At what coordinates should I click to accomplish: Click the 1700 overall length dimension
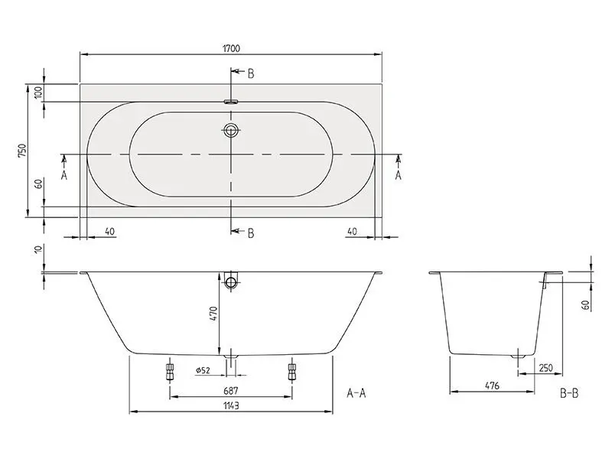click(x=232, y=49)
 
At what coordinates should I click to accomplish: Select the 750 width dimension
click(x=22, y=151)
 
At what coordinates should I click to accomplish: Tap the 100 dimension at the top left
click(x=38, y=93)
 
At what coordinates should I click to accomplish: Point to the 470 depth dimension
click(x=213, y=314)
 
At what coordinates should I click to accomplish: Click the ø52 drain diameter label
click(x=203, y=370)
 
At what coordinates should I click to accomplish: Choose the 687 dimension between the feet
click(x=231, y=390)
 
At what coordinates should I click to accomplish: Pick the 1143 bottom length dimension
click(x=231, y=405)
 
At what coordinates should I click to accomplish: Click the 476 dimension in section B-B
click(x=492, y=386)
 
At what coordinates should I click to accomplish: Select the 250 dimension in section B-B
click(x=545, y=368)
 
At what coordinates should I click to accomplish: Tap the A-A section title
click(x=356, y=392)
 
